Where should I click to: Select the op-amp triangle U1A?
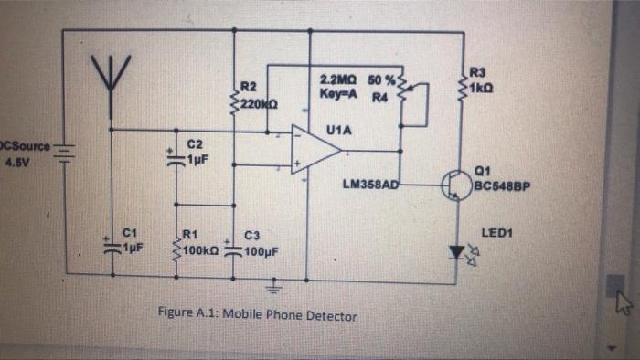click(313, 149)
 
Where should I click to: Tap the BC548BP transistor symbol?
click(457, 185)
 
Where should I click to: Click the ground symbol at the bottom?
click(271, 291)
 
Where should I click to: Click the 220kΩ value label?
click(259, 103)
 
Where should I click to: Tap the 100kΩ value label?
click(198, 249)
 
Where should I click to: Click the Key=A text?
click(338, 92)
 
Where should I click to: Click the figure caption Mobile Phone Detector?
click(257, 315)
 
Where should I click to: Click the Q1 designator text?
click(482, 168)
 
